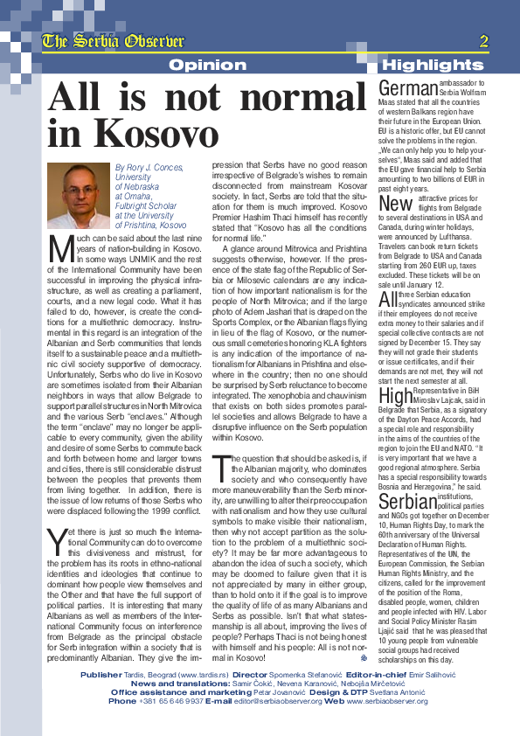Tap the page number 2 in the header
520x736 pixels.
[483, 41]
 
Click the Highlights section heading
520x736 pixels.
[433, 65]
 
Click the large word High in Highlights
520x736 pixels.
[395, 396]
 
